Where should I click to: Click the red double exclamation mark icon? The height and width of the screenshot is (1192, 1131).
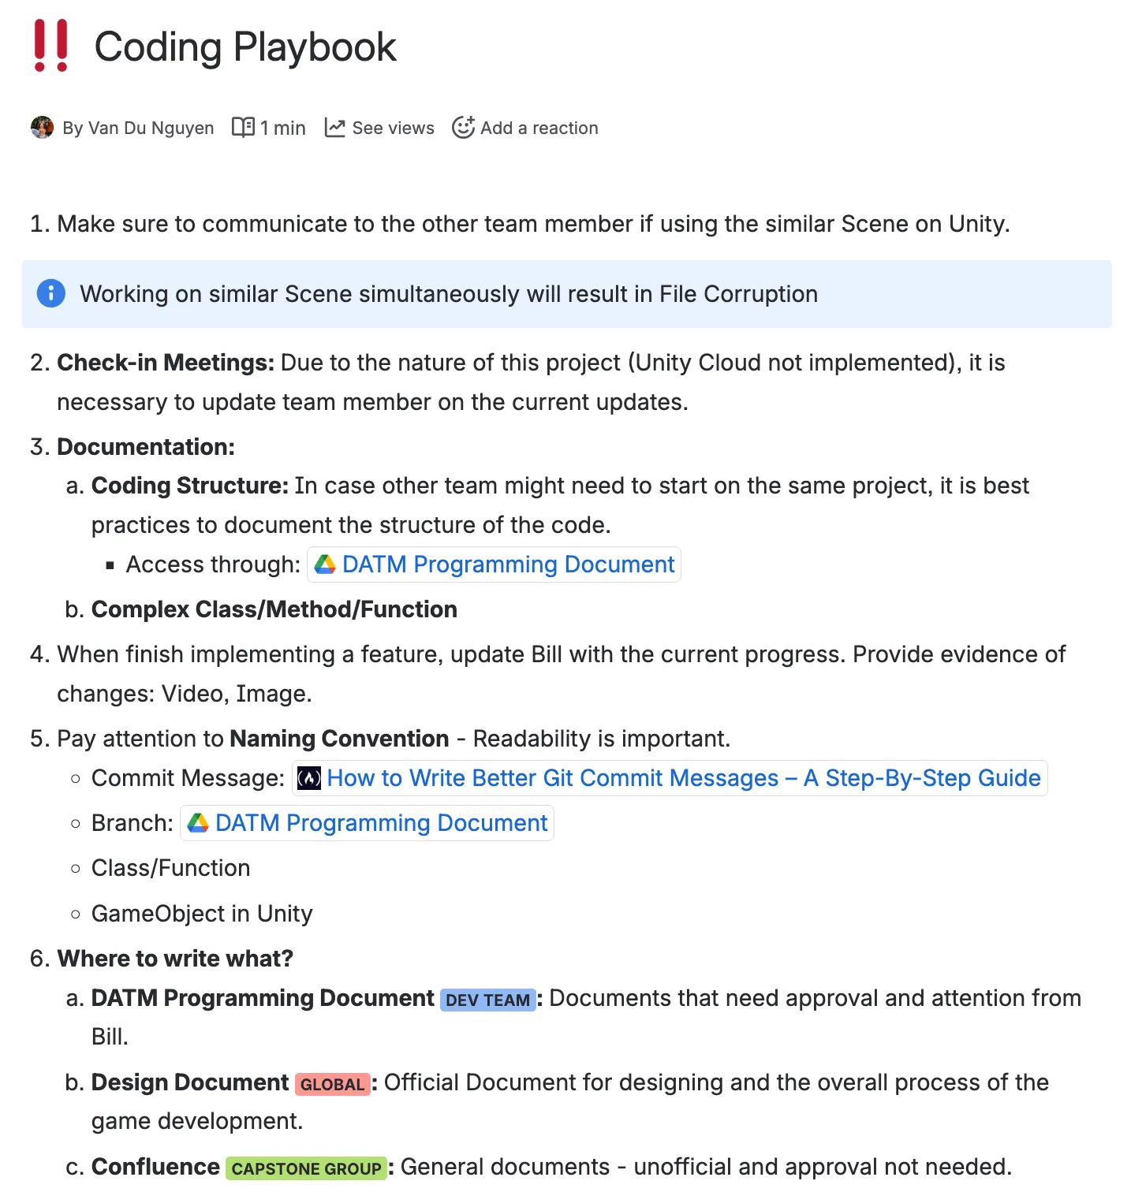coord(51,46)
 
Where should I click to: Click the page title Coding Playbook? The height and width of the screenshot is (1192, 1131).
coord(244,47)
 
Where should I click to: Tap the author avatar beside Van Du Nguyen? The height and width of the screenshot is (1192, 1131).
coord(42,127)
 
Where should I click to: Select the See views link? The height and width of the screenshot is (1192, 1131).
coord(392,128)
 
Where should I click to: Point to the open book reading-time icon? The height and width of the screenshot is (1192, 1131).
coord(243,127)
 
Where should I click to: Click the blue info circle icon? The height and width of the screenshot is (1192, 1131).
coord(51,293)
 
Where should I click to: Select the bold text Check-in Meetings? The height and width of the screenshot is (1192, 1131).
coord(166,363)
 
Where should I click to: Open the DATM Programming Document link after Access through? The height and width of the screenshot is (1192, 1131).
coord(508,564)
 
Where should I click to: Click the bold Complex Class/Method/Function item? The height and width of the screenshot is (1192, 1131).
coord(274,609)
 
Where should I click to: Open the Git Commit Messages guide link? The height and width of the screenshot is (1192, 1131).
coord(683,778)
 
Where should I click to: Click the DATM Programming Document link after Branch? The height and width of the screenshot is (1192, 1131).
coord(381,823)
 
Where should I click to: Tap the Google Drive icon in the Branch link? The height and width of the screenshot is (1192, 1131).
coord(198,823)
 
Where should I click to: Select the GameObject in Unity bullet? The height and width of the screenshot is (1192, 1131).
coord(202,914)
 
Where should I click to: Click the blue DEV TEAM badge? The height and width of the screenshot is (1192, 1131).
coord(487,1000)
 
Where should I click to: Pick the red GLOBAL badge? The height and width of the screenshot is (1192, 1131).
coord(332,1084)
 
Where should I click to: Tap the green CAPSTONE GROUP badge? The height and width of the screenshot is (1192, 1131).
coord(306,1168)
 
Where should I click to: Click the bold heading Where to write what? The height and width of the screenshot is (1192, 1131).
coord(175,959)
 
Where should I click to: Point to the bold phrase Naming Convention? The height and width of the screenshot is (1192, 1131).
coord(339,739)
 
